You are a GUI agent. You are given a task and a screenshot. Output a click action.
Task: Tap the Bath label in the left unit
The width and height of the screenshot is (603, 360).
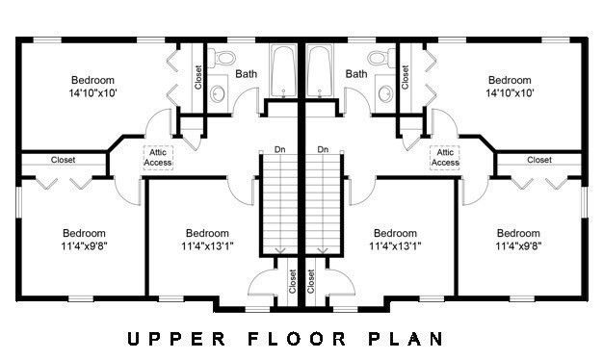pyautogui.click(x=246, y=74)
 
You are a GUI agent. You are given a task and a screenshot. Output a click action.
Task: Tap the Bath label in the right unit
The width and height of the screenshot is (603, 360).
pyautogui.click(x=356, y=74)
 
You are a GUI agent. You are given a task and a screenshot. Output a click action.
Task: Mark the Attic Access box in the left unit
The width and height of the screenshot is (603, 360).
pyautogui.click(x=158, y=157)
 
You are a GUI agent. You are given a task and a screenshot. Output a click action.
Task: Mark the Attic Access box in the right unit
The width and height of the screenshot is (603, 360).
pyautogui.click(x=445, y=157)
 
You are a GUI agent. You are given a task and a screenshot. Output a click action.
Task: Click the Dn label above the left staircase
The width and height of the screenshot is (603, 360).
pyautogui.click(x=279, y=149)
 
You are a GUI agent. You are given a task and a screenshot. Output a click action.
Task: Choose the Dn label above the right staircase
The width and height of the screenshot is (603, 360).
pyautogui.click(x=323, y=149)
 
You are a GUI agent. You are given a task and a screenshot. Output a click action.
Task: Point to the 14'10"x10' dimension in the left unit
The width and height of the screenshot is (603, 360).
pyautogui.click(x=92, y=93)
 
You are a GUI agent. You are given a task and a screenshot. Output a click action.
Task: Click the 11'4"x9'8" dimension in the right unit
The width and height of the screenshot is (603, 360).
pyautogui.click(x=517, y=246)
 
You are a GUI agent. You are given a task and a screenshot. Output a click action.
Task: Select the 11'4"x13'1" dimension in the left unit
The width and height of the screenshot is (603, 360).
pyautogui.click(x=207, y=246)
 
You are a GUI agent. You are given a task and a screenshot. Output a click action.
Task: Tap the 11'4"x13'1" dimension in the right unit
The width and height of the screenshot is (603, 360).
pyautogui.click(x=395, y=246)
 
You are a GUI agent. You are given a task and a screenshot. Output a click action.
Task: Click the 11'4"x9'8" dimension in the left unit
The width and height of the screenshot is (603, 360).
pyautogui.click(x=85, y=246)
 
